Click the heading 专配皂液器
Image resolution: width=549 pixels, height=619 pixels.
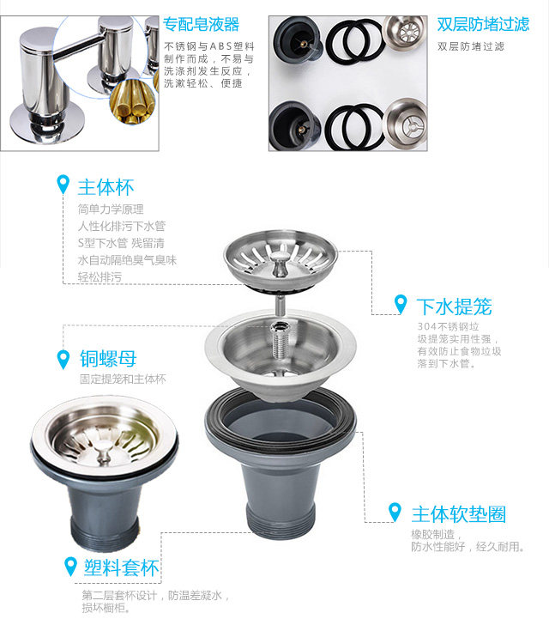pyautogui.click(x=202, y=24)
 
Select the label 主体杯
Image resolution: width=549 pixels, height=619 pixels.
pyautogui.click(x=106, y=186)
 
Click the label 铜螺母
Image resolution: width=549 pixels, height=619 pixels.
pyautogui.click(x=108, y=358)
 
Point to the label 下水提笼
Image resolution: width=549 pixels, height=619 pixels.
pyautogui.click(x=454, y=306)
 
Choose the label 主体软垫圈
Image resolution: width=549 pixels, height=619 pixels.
pyautogui.click(x=458, y=514)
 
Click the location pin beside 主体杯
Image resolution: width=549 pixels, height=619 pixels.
pyautogui.click(x=63, y=185)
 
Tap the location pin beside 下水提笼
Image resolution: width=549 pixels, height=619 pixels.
pyautogui.click(x=400, y=304)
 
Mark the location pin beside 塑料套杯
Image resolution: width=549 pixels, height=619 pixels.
pyautogui.click(x=69, y=566)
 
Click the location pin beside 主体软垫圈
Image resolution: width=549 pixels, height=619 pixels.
pyautogui.click(x=395, y=513)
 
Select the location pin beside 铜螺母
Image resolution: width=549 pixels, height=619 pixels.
pyautogui.click(x=63, y=357)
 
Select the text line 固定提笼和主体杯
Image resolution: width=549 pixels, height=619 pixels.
pyautogui.click(x=123, y=379)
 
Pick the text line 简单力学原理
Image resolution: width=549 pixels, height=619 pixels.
pyautogui.click(x=111, y=209)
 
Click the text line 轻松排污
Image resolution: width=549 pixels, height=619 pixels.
pyautogui.click(x=100, y=277)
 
